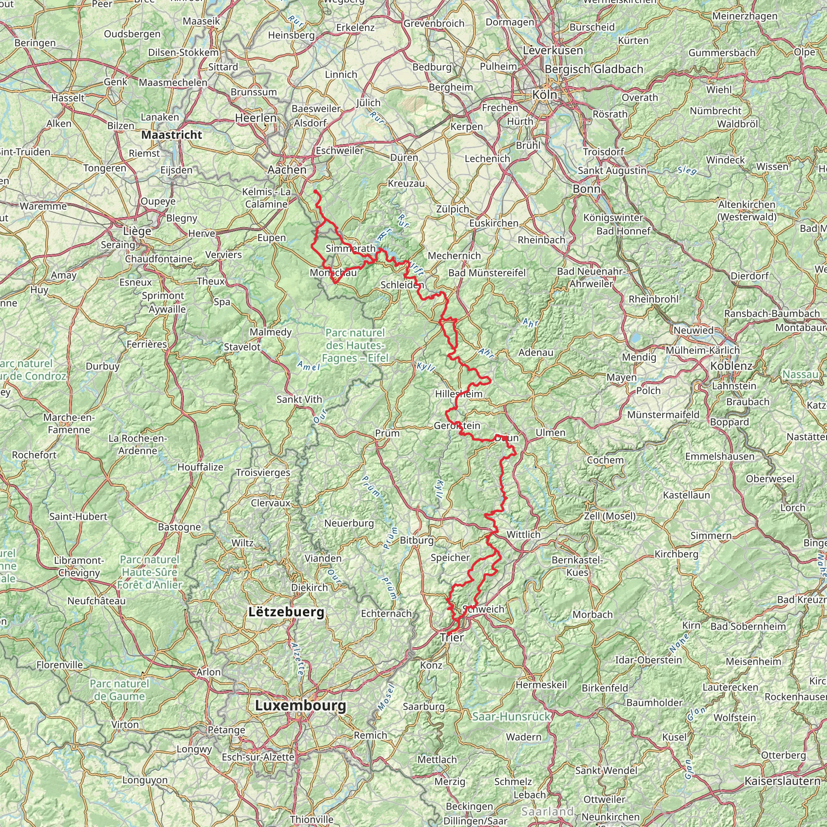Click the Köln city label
[544, 94]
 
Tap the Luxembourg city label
[300, 705]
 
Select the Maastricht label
[172, 135]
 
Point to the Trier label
[452, 637]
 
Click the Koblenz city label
[731, 366]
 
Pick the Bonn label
[586, 189]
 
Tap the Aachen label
[287, 170]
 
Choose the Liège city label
[137, 231]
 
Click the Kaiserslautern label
[783, 781]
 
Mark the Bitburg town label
[416, 540]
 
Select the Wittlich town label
[523, 535]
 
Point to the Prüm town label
[387, 433]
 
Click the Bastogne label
[179, 527]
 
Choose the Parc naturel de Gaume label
[120, 690]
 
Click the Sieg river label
[687, 170]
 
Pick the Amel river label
[308, 366]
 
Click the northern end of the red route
[315, 191]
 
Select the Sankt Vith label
[299, 399]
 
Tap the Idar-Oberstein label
[649, 660]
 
